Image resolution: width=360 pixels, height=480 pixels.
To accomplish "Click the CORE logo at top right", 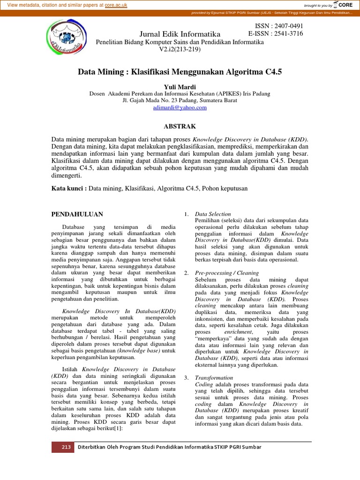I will pyautogui.click(x=344, y=5).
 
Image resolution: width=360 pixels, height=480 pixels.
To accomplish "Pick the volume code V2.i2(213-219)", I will pyautogui.click(x=180, y=49).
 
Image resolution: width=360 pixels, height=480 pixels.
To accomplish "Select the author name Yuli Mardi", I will pyautogui.click(x=180, y=87).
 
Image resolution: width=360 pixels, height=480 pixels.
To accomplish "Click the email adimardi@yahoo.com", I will pyautogui.click(x=180, y=107).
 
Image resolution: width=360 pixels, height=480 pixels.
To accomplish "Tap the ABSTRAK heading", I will pyautogui.click(x=180, y=126).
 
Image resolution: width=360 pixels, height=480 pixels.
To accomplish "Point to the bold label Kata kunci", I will pyautogui.click(x=68, y=188).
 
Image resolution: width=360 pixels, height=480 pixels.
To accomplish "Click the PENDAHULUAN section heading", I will pyautogui.click(x=77, y=214).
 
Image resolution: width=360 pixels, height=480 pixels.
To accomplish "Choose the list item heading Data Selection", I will pyautogui.click(x=213, y=214).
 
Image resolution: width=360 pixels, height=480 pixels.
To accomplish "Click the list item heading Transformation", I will pyautogui.click(x=214, y=377).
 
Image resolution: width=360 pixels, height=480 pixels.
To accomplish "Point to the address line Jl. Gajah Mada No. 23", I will pyautogui.click(x=180, y=100).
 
